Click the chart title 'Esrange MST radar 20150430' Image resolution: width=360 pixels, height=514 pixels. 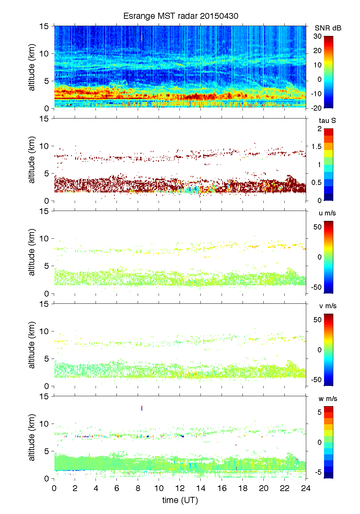coord(181,16)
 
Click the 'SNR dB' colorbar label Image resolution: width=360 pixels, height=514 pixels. coord(328,28)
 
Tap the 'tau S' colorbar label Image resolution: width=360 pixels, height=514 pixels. coord(327,121)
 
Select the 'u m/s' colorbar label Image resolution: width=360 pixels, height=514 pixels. coord(327,213)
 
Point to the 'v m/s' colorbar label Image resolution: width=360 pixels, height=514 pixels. coord(327,306)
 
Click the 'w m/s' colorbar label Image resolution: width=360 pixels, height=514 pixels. coord(328,399)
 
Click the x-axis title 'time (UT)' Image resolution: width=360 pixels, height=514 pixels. coord(180,500)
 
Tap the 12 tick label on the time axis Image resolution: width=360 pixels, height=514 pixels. coord(180,488)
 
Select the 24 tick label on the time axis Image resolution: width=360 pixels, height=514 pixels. coord(306,488)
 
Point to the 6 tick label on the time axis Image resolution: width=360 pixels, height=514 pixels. coord(117,488)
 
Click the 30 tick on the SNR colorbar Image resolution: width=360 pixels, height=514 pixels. coord(318,36)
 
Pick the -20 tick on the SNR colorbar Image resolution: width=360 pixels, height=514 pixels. coord(316,108)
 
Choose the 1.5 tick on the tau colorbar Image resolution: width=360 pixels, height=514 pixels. coord(316,147)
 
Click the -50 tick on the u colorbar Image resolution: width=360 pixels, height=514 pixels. coord(316,287)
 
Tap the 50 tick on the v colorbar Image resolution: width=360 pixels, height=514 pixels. coord(318,320)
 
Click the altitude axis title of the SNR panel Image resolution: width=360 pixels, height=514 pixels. coord(32,67)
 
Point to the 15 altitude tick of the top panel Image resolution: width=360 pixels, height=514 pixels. coord(44,26)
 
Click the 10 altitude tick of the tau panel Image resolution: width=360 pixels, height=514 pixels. coord(44,146)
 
